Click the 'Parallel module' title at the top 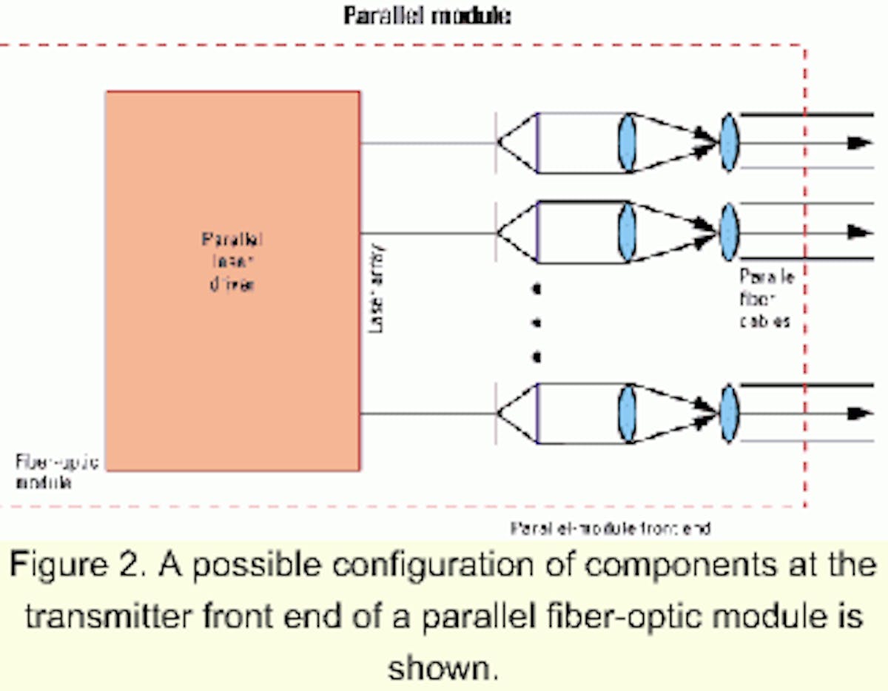tap(427, 16)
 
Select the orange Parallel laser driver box tap(232, 280)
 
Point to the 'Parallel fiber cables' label tap(766, 300)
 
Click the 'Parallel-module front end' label tap(610, 528)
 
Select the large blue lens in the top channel tap(627, 143)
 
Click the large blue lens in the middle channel tap(627, 232)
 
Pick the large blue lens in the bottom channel tap(627, 413)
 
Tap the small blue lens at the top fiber tap(730, 143)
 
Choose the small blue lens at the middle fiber tap(730, 232)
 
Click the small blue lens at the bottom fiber tap(730, 413)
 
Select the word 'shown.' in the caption tap(443, 668)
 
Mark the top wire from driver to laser tap(427, 143)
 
